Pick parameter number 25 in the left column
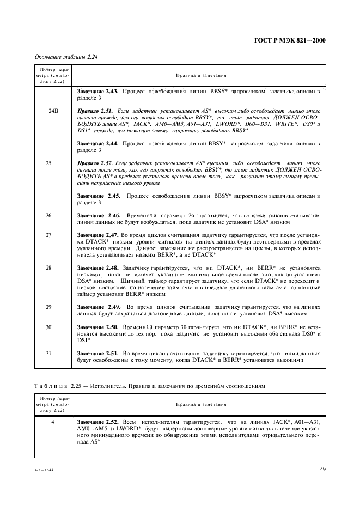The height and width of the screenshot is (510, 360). pyautogui.click(x=49, y=163)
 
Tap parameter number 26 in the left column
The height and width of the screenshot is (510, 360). pyautogui.click(x=49, y=216)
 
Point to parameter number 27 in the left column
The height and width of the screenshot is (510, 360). pyautogui.click(x=49, y=235)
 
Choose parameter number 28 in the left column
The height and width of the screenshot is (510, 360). pyautogui.click(x=49, y=268)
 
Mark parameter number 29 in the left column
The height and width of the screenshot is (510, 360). pyautogui.click(x=49, y=307)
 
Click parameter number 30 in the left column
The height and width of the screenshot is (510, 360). pyautogui.click(x=49, y=327)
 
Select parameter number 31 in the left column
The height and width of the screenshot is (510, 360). pyautogui.click(x=49, y=353)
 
